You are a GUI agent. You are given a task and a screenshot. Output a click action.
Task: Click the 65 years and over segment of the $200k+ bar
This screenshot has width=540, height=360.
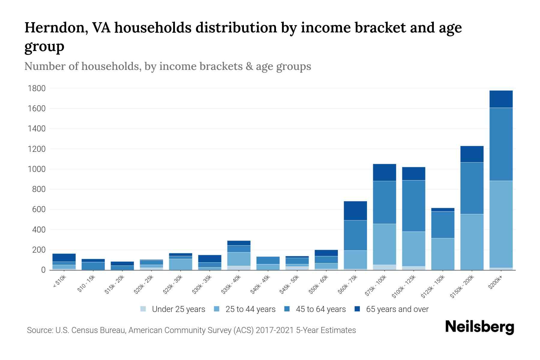[x=501, y=99]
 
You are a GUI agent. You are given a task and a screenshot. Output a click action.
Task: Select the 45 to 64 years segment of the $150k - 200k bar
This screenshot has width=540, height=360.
[x=472, y=188]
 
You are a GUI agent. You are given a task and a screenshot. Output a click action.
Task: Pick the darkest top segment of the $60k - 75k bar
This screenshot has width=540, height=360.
[x=355, y=211]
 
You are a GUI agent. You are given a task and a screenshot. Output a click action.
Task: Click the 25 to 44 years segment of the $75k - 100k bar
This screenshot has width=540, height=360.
[x=384, y=244]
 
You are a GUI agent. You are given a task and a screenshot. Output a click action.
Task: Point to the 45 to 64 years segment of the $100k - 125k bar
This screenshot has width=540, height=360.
[x=414, y=206]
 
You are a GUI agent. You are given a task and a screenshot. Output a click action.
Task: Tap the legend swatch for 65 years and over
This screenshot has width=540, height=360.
[x=357, y=309]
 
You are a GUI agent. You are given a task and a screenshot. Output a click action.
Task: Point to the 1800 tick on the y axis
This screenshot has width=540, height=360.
[x=37, y=88]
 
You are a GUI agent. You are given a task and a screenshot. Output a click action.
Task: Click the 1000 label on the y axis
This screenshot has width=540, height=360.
[x=37, y=169]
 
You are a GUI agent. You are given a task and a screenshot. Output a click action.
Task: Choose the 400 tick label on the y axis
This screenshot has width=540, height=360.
[x=39, y=230]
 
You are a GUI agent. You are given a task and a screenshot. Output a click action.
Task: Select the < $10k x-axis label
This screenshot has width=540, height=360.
[x=59, y=282]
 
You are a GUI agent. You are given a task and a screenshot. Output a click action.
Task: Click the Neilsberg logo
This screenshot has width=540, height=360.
[x=479, y=327]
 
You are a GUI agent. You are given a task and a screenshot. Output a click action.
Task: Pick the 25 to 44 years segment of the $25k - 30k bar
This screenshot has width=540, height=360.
[x=181, y=264]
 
